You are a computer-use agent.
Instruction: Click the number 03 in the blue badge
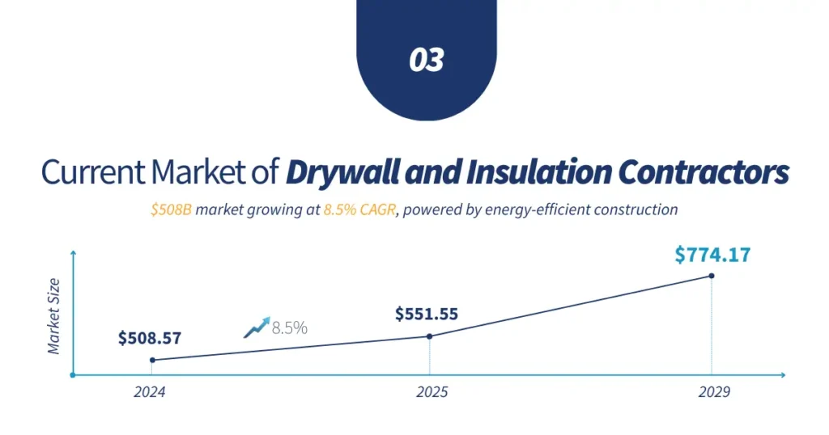(427, 60)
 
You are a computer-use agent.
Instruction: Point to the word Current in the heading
(88, 172)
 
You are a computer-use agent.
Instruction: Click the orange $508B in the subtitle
(171, 210)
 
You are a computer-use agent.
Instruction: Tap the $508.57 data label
(150, 338)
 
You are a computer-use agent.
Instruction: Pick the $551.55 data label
(427, 314)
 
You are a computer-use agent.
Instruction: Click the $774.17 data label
(712, 256)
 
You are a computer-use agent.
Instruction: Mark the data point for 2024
(152, 360)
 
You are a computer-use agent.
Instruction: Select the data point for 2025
(429, 336)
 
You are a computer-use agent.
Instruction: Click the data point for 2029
(712, 276)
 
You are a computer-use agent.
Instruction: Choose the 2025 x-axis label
(432, 393)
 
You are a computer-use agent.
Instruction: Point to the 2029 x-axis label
(713, 393)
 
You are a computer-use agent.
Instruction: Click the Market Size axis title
(54, 316)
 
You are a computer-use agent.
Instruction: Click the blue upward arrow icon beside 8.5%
(256, 327)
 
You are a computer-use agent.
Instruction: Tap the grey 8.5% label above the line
(290, 328)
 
